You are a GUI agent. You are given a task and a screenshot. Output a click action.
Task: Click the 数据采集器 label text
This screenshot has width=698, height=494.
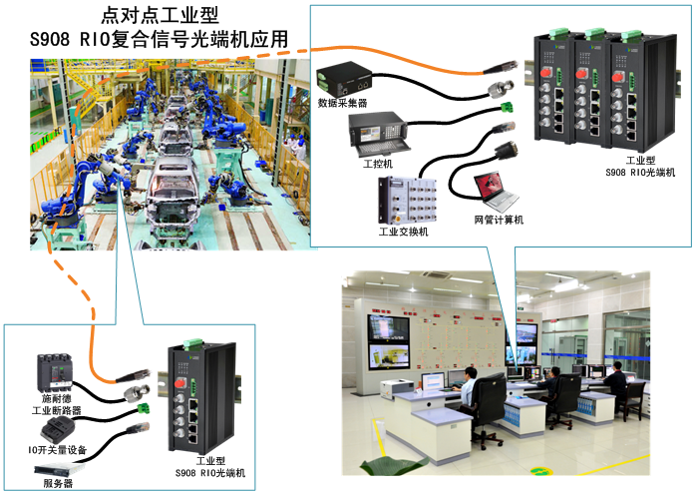click(342, 103)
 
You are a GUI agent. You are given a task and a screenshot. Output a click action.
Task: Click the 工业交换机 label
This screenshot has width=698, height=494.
click(403, 232)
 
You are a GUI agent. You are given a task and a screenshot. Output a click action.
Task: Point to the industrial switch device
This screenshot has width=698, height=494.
click(407, 201)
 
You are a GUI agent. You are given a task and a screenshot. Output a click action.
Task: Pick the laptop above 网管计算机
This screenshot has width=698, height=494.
click(496, 192)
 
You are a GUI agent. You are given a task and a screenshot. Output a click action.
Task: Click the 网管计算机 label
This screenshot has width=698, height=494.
click(499, 220)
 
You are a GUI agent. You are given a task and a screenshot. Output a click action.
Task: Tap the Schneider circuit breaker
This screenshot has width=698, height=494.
click(55, 372)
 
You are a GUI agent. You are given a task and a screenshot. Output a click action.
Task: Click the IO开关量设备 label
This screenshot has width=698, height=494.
click(57, 450)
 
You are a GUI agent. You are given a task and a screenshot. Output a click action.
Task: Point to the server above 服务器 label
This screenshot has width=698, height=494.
click(59, 469)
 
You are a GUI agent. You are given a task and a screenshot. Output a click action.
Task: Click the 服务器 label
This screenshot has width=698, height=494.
click(58, 483)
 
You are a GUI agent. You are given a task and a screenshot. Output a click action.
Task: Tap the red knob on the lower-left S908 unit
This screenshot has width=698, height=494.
click(179, 382)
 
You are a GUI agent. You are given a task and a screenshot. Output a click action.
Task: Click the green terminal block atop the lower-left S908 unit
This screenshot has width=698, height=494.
click(193, 343)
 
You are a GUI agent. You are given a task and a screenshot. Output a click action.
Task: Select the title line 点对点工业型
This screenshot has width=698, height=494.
click(160, 16)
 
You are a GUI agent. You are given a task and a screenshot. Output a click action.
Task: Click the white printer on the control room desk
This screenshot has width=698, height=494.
click(397, 386)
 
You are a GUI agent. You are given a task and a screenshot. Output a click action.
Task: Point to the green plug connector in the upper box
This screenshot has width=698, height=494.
click(507, 107)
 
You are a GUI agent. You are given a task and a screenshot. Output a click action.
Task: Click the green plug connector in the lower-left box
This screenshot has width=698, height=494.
click(144, 408)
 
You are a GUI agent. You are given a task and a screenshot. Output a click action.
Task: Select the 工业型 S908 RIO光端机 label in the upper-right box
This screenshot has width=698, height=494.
click(640, 166)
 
